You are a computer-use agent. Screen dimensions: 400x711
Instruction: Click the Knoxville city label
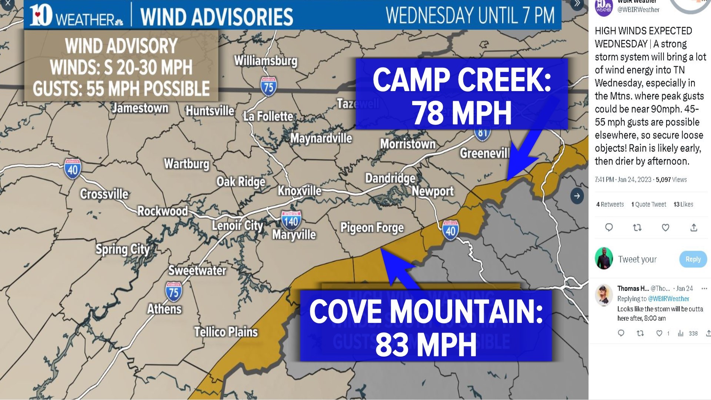300,191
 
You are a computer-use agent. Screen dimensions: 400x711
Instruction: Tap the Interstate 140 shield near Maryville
291,221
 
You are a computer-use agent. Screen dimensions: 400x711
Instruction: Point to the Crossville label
104,194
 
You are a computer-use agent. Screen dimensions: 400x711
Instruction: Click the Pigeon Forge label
372,227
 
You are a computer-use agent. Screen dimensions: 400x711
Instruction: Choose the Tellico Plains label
226,332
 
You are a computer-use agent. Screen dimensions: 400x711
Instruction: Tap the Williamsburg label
266,60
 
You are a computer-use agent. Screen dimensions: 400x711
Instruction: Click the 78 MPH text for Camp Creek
461,113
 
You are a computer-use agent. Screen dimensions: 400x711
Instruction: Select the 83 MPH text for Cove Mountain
426,344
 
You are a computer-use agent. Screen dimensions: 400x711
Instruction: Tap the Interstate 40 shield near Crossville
73,169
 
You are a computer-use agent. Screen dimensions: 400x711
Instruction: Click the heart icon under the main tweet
665,227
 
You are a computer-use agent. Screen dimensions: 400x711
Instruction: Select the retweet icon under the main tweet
637,227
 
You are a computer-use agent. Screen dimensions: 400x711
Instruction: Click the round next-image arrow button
577,196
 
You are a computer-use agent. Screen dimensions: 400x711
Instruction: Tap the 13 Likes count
683,204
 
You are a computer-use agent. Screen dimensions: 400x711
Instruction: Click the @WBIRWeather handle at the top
638,10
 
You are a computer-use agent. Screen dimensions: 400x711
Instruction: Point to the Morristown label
408,144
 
